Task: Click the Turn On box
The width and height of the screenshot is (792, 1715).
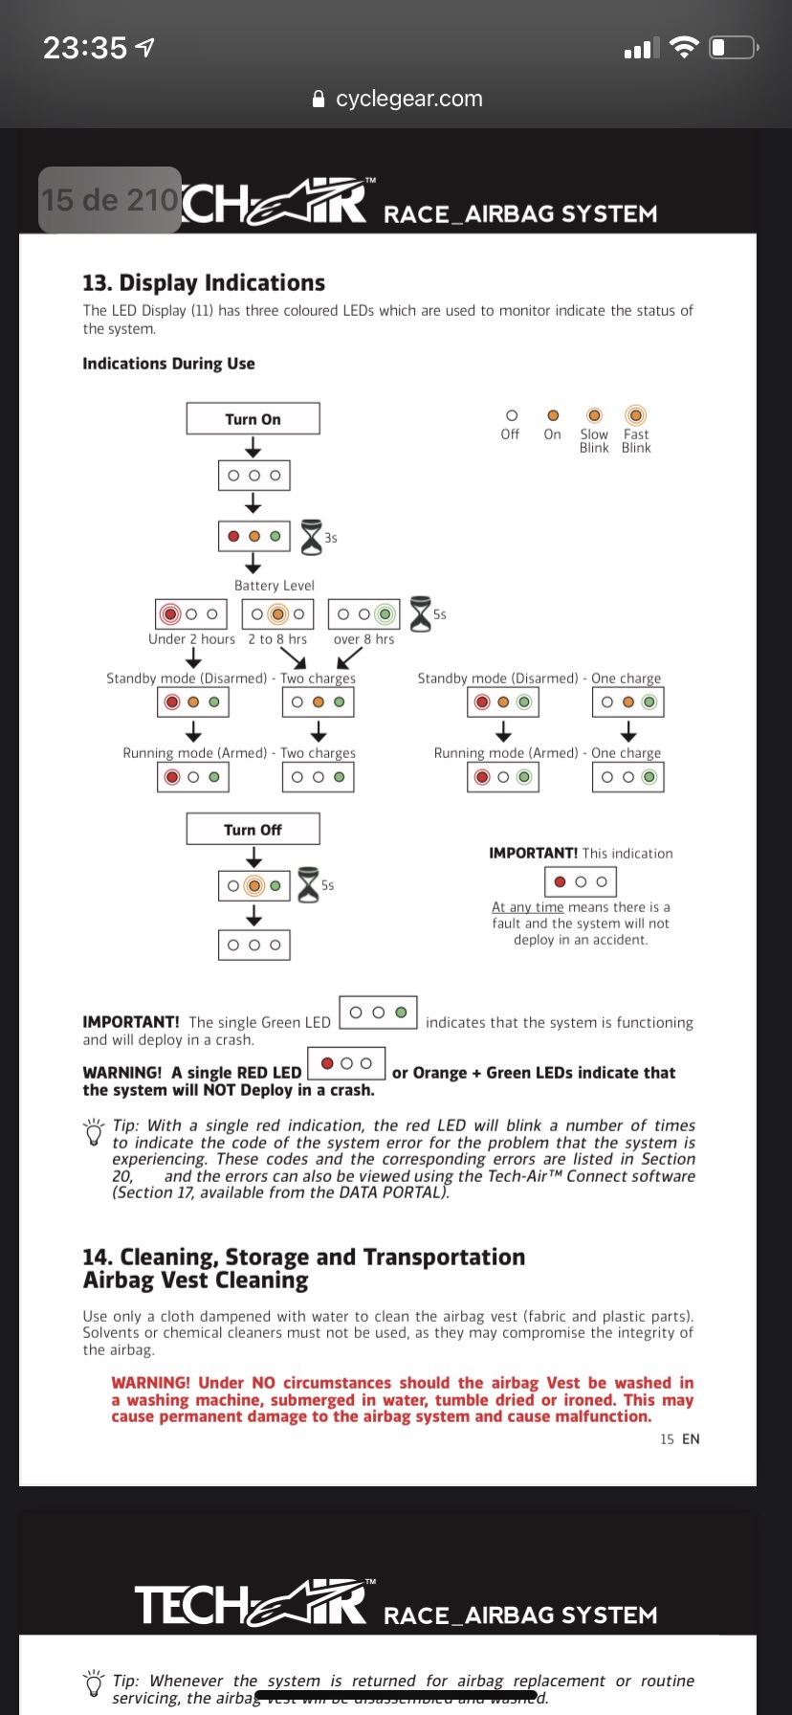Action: point(253,419)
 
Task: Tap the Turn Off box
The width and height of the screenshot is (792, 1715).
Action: point(253,830)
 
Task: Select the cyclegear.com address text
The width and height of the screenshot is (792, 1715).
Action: point(408,99)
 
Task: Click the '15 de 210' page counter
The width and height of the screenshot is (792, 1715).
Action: point(110,200)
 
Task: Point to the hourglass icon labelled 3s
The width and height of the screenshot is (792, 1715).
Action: point(312,537)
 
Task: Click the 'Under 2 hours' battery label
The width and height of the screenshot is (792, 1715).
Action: point(191,639)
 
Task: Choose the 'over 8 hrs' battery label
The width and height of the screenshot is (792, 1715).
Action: point(363,639)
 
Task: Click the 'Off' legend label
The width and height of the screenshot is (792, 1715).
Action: point(510,434)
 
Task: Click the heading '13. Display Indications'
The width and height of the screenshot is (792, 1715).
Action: point(204,283)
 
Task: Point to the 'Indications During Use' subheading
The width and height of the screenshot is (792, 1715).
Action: point(168,364)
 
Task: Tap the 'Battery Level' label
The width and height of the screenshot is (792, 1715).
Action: point(275,586)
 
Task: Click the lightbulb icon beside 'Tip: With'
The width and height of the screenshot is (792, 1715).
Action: point(94,1132)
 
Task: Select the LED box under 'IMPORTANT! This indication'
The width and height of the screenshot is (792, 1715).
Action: point(581,881)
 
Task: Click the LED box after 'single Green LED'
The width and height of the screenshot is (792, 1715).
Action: point(379,1013)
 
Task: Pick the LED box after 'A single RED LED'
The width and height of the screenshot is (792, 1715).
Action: point(346,1063)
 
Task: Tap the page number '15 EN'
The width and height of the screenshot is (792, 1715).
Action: point(679,1439)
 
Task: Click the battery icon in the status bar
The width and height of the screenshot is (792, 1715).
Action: point(734,47)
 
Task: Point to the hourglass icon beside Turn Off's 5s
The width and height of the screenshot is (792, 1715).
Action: point(308,884)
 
